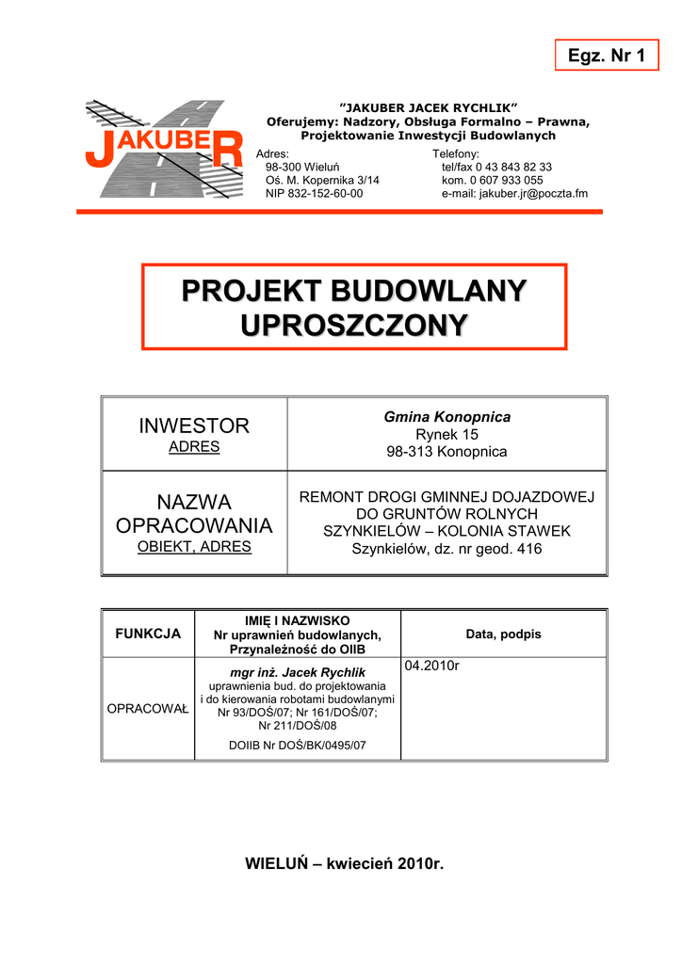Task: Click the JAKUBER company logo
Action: [164, 149]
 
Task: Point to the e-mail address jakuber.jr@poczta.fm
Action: [514, 194]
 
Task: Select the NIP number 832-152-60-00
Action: [314, 194]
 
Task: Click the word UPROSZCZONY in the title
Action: [354, 325]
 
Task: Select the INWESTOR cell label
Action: [194, 426]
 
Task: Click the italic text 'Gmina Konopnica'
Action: [447, 416]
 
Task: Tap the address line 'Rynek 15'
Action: [447, 434]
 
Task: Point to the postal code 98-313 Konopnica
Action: [447, 452]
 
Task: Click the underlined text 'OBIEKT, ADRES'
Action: [194, 546]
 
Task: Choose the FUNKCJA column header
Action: [148, 634]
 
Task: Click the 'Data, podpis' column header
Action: [503, 635]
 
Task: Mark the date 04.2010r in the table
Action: [431, 667]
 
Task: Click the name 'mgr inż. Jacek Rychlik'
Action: [298, 672]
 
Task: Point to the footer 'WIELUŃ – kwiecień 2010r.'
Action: [344, 864]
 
